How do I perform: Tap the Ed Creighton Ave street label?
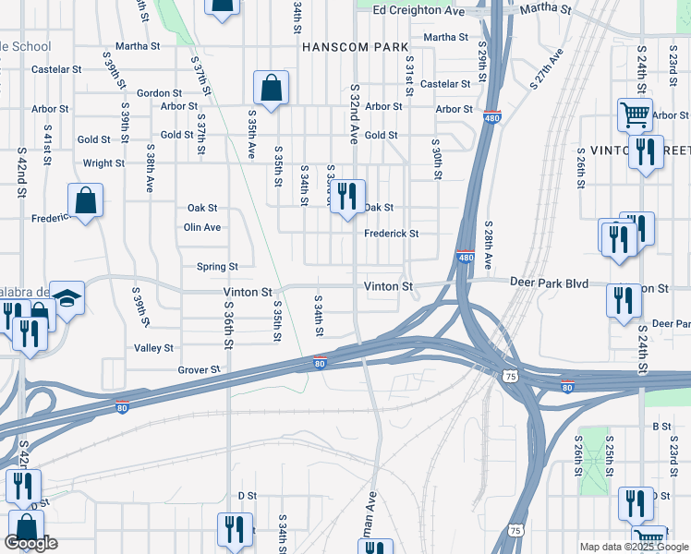[x=418, y=10]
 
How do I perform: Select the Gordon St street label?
[x=159, y=93]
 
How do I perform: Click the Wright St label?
[x=103, y=163]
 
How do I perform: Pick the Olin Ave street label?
[x=202, y=227]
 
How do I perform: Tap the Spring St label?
[x=217, y=267]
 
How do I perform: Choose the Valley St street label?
[x=154, y=348]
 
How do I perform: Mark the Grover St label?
[x=199, y=369]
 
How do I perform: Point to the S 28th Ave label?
[x=488, y=244]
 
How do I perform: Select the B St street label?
[x=661, y=427]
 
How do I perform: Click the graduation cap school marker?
[x=67, y=297]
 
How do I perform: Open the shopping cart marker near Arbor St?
[x=635, y=114]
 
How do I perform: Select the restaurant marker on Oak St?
[x=347, y=196]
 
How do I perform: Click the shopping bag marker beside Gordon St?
[x=271, y=88]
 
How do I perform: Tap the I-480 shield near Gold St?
[x=491, y=118]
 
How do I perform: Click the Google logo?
[x=30, y=544]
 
